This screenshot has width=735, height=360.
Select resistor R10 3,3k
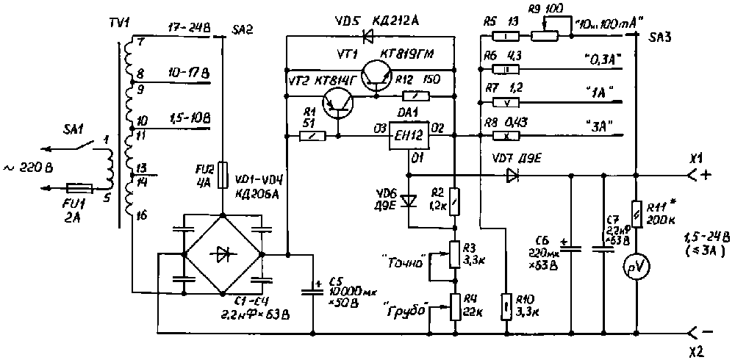click(x=506, y=304)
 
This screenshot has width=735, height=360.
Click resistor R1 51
click(x=312, y=136)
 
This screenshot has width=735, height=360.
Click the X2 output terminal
click(x=694, y=332)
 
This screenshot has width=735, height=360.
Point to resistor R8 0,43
click(x=506, y=136)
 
